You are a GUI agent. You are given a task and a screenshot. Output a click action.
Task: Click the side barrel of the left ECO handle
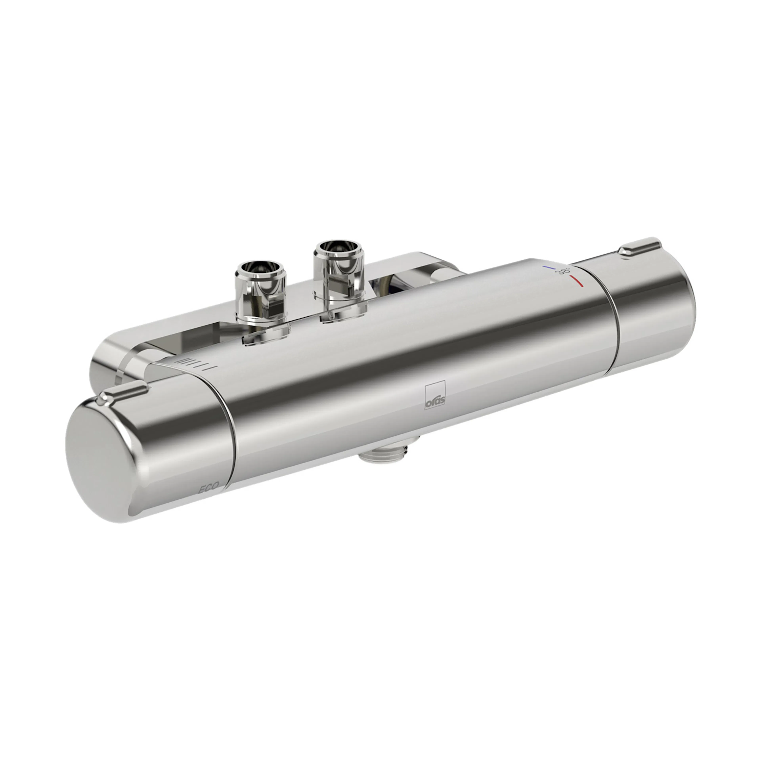tap(177, 445)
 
